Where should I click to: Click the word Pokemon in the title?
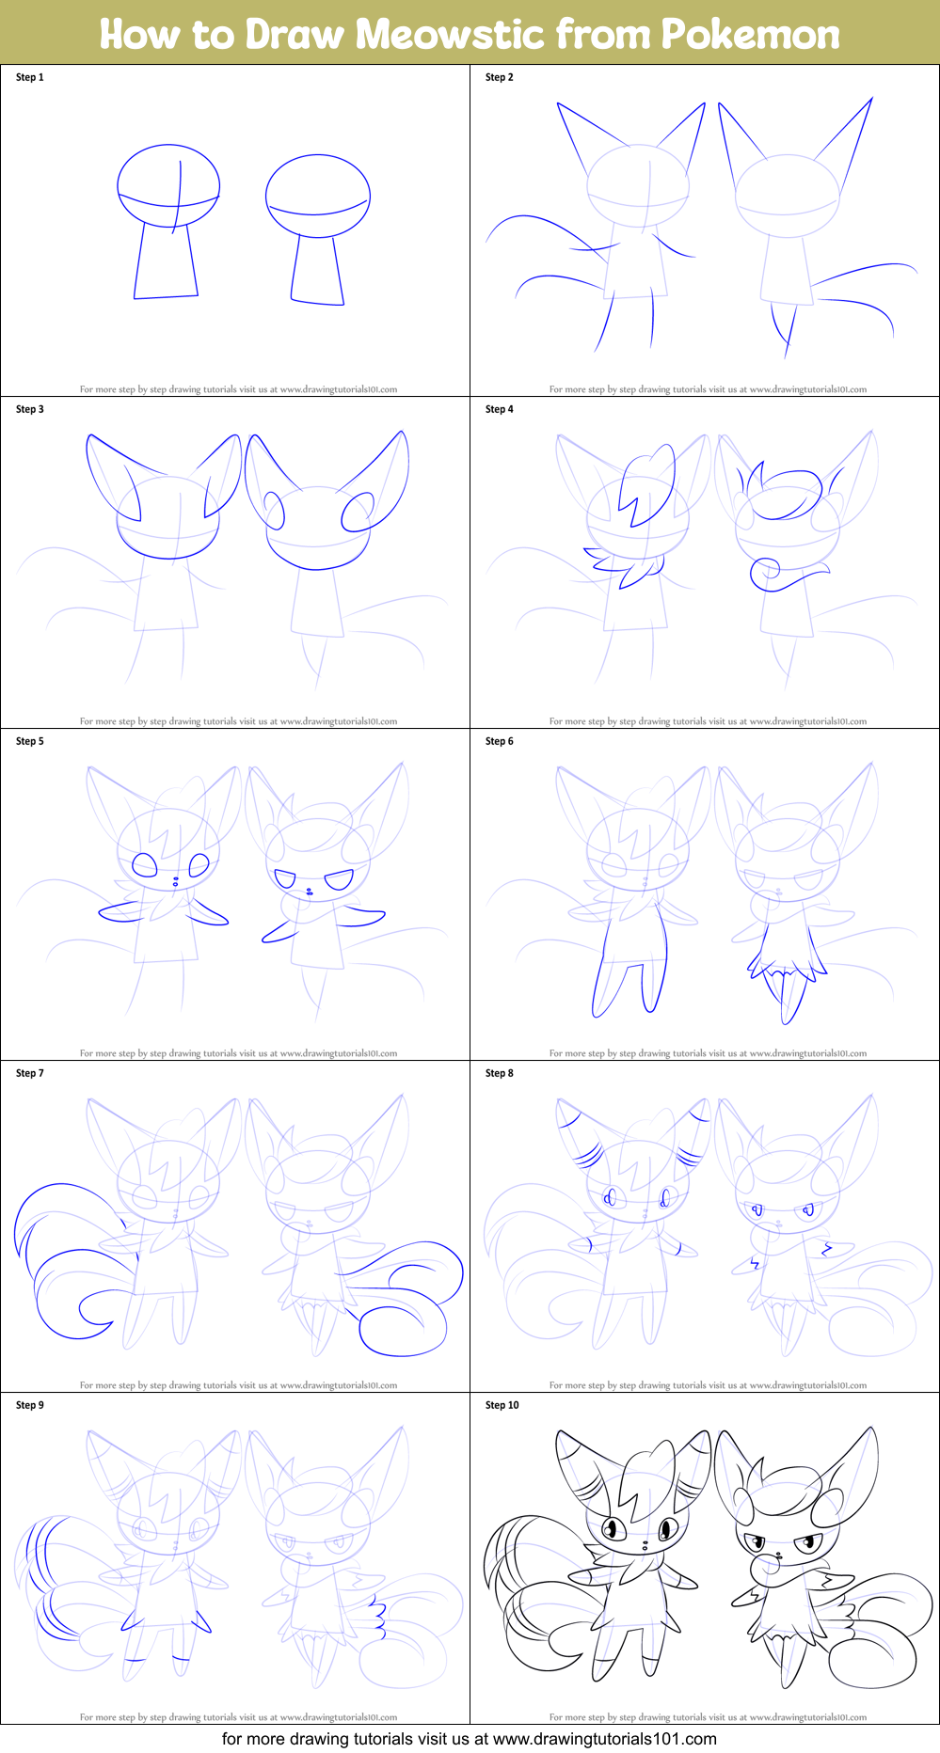coord(749,34)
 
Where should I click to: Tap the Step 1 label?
coord(30,77)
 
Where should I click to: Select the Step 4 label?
coord(500,409)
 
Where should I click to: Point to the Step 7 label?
coord(30,1073)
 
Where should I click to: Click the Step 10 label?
coord(502,1405)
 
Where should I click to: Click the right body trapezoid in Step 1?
coord(317,270)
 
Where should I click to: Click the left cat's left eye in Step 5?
coord(144,864)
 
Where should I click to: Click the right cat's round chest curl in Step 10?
coord(764,1570)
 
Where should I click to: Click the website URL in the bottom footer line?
coord(604,1739)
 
